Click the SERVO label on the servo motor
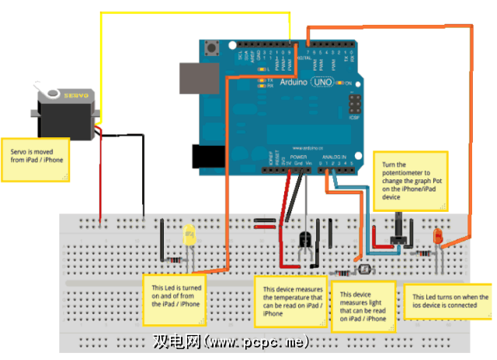point(75,95)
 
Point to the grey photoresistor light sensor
point(362,270)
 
